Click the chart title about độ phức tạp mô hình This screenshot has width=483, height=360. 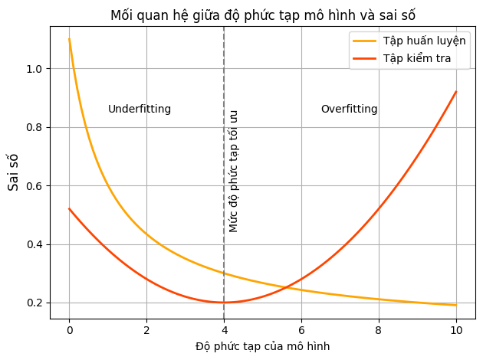(x=263, y=15)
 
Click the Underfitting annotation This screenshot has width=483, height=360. (x=140, y=110)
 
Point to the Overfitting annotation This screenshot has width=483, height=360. (x=349, y=110)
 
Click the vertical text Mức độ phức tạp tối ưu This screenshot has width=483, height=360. (x=234, y=171)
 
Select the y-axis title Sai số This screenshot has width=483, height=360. (x=13, y=172)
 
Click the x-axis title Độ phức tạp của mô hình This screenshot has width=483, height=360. (x=262, y=346)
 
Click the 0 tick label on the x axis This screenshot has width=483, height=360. (x=69, y=331)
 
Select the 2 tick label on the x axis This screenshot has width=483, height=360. (x=146, y=331)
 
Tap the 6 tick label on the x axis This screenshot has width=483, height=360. (x=301, y=331)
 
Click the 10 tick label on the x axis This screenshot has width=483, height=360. (x=456, y=331)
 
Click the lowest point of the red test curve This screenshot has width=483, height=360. (x=224, y=303)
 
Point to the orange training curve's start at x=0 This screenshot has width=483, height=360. (x=69, y=39)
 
